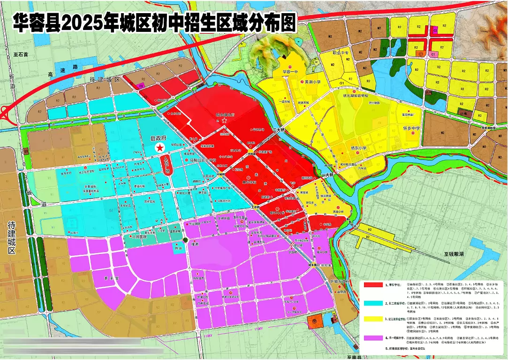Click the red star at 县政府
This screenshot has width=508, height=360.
(160, 148)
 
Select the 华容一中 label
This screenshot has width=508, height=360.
(290, 73)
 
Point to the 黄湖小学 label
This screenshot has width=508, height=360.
(312, 82)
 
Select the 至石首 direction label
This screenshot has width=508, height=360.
(21, 55)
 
